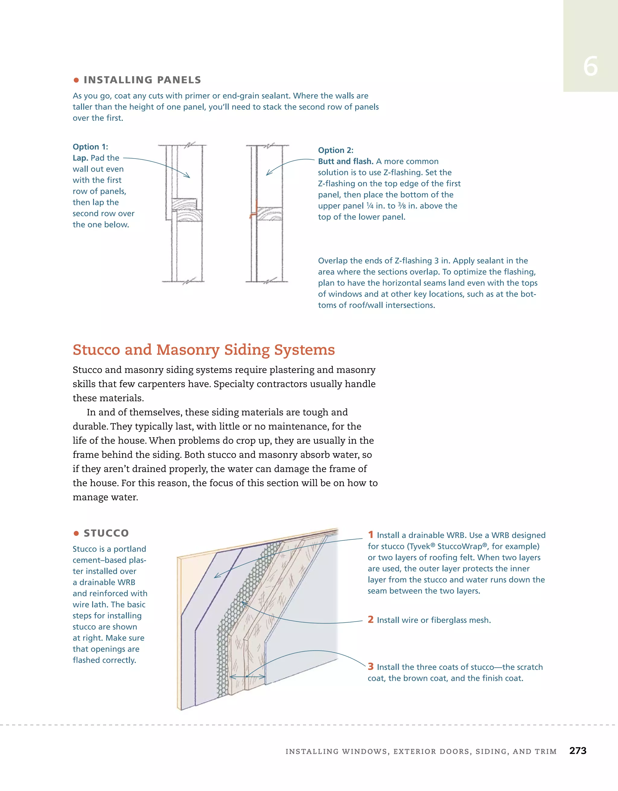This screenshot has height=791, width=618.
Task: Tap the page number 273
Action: click(578, 751)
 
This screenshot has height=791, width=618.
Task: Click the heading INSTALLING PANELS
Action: click(142, 80)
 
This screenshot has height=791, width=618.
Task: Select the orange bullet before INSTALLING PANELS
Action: click(76, 80)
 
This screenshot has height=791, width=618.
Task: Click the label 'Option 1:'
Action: click(90, 147)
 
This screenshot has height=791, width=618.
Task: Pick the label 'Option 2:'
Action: click(336, 150)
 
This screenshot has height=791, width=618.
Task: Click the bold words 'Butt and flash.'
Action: click(346, 162)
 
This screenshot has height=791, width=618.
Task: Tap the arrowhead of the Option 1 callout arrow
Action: click(188, 176)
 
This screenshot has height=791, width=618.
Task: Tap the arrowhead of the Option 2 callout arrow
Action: click(268, 174)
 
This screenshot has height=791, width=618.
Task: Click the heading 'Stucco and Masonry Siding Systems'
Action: click(203, 350)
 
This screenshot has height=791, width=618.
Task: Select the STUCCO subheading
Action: click(106, 533)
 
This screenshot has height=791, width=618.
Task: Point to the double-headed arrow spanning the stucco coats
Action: click(247, 676)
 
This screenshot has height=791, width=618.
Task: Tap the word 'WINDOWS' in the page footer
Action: click(364, 751)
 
